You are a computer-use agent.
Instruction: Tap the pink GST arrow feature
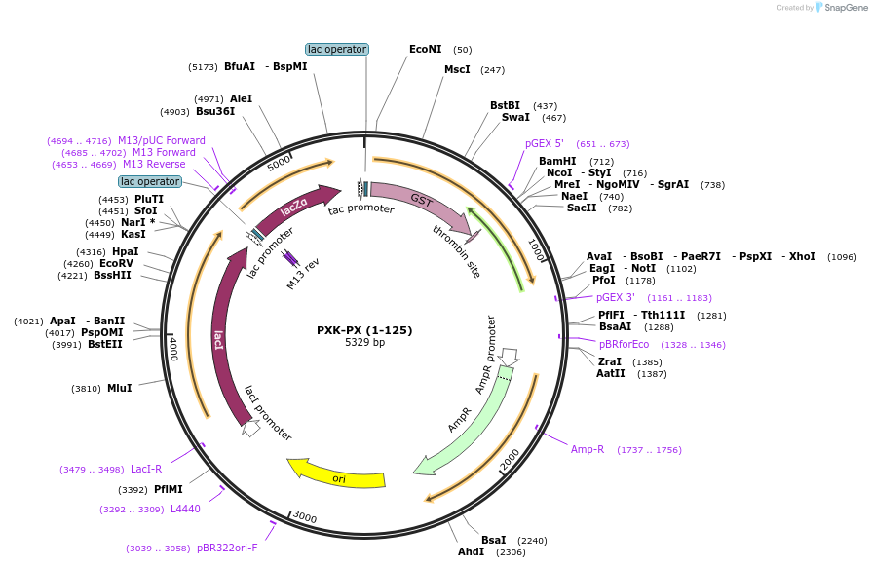pyautogui.click(x=419, y=202)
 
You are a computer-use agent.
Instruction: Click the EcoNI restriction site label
pyautogui.click(x=426, y=49)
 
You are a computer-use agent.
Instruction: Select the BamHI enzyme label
pyautogui.click(x=557, y=162)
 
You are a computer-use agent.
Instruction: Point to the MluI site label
pyautogui.click(x=120, y=388)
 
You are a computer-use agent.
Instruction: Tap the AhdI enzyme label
pyautogui.click(x=471, y=552)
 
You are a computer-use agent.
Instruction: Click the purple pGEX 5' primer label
pyautogui.click(x=545, y=143)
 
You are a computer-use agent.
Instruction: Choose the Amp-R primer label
pyautogui.click(x=588, y=449)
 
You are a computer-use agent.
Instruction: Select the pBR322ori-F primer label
pyautogui.click(x=227, y=548)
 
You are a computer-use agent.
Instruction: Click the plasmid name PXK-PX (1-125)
pyautogui.click(x=364, y=330)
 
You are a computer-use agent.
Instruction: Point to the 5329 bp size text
pyautogui.click(x=364, y=343)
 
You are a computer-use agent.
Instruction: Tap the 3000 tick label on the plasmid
pyautogui.click(x=305, y=517)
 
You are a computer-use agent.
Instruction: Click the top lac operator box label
pyautogui.click(x=337, y=49)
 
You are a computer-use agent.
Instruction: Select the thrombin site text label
pyautogui.click(x=456, y=251)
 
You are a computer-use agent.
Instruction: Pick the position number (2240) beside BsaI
pyautogui.click(x=532, y=540)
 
